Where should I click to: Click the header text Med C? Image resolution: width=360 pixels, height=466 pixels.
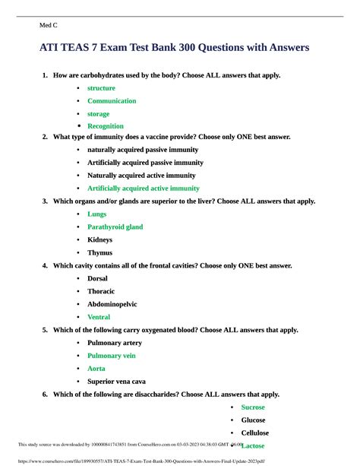click(x=48, y=25)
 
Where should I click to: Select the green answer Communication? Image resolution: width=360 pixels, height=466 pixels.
click(x=112, y=100)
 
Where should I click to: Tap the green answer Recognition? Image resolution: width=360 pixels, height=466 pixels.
click(x=106, y=126)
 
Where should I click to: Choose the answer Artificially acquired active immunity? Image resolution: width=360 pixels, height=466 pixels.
click(x=144, y=188)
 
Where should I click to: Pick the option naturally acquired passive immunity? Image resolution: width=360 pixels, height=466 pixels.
click(x=143, y=150)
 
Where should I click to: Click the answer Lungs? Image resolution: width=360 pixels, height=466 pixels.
click(x=96, y=214)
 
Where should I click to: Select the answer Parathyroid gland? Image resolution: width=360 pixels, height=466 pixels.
click(x=115, y=227)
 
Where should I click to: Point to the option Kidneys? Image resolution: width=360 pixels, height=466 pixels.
click(x=99, y=239)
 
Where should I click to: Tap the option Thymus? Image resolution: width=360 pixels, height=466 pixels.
click(x=99, y=252)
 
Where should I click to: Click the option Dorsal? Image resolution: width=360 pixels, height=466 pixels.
click(x=98, y=278)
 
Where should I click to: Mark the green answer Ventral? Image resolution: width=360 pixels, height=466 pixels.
click(x=99, y=317)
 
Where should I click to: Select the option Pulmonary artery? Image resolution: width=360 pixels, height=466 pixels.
click(x=115, y=343)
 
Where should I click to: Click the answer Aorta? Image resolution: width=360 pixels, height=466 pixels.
click(x=96, y=368)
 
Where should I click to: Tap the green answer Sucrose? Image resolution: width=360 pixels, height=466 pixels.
click(x=253, y=407)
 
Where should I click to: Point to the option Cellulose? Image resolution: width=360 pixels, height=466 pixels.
click(x=255, y=433)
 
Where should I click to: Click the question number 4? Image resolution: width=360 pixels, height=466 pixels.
click(x=46, y=265)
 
